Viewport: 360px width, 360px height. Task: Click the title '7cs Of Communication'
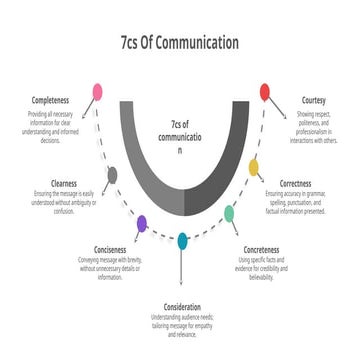tap(179, 43)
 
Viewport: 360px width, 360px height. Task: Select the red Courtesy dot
tap(264, 93)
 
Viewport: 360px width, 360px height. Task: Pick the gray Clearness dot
tap(112, 176)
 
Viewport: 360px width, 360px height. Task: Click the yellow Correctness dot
tap(253, 166)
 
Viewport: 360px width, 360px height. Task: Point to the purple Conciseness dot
tap(141, 223)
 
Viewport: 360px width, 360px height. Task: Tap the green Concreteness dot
tap(229, 213)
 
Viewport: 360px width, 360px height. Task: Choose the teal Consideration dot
tap(182, 240)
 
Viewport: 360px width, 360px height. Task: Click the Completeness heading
tap(51, 101)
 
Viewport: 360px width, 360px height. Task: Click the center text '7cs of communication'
tap(179, 137)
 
